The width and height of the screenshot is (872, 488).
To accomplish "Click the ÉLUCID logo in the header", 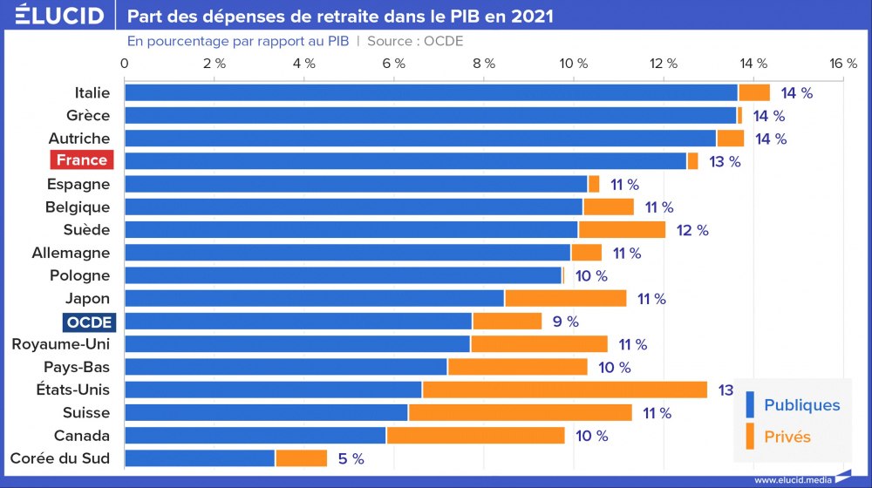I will [54, 17].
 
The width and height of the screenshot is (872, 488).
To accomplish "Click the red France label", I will [82, 160].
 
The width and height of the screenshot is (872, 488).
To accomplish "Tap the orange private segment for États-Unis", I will [564, 390].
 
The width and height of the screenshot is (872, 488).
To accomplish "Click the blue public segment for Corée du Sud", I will [200, 458].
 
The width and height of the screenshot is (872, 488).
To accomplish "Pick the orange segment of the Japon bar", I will [565, 299].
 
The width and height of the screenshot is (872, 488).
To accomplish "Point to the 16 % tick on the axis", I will [843, 64].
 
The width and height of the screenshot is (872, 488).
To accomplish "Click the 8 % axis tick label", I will [484, 64].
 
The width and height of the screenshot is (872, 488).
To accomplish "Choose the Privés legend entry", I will [787, 437].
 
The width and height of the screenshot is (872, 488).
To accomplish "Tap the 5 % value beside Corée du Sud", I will [351, 458].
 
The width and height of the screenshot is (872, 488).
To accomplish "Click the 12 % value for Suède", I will [691, 230].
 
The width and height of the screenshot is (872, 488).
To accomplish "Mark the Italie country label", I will [92, 92].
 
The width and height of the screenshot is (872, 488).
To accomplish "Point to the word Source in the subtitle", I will [393, 41].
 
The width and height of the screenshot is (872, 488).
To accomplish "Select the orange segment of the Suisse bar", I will [520, 412].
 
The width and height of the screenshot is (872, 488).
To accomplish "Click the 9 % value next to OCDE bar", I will [565, 322].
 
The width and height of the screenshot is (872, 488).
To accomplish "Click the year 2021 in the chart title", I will [531, 17].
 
